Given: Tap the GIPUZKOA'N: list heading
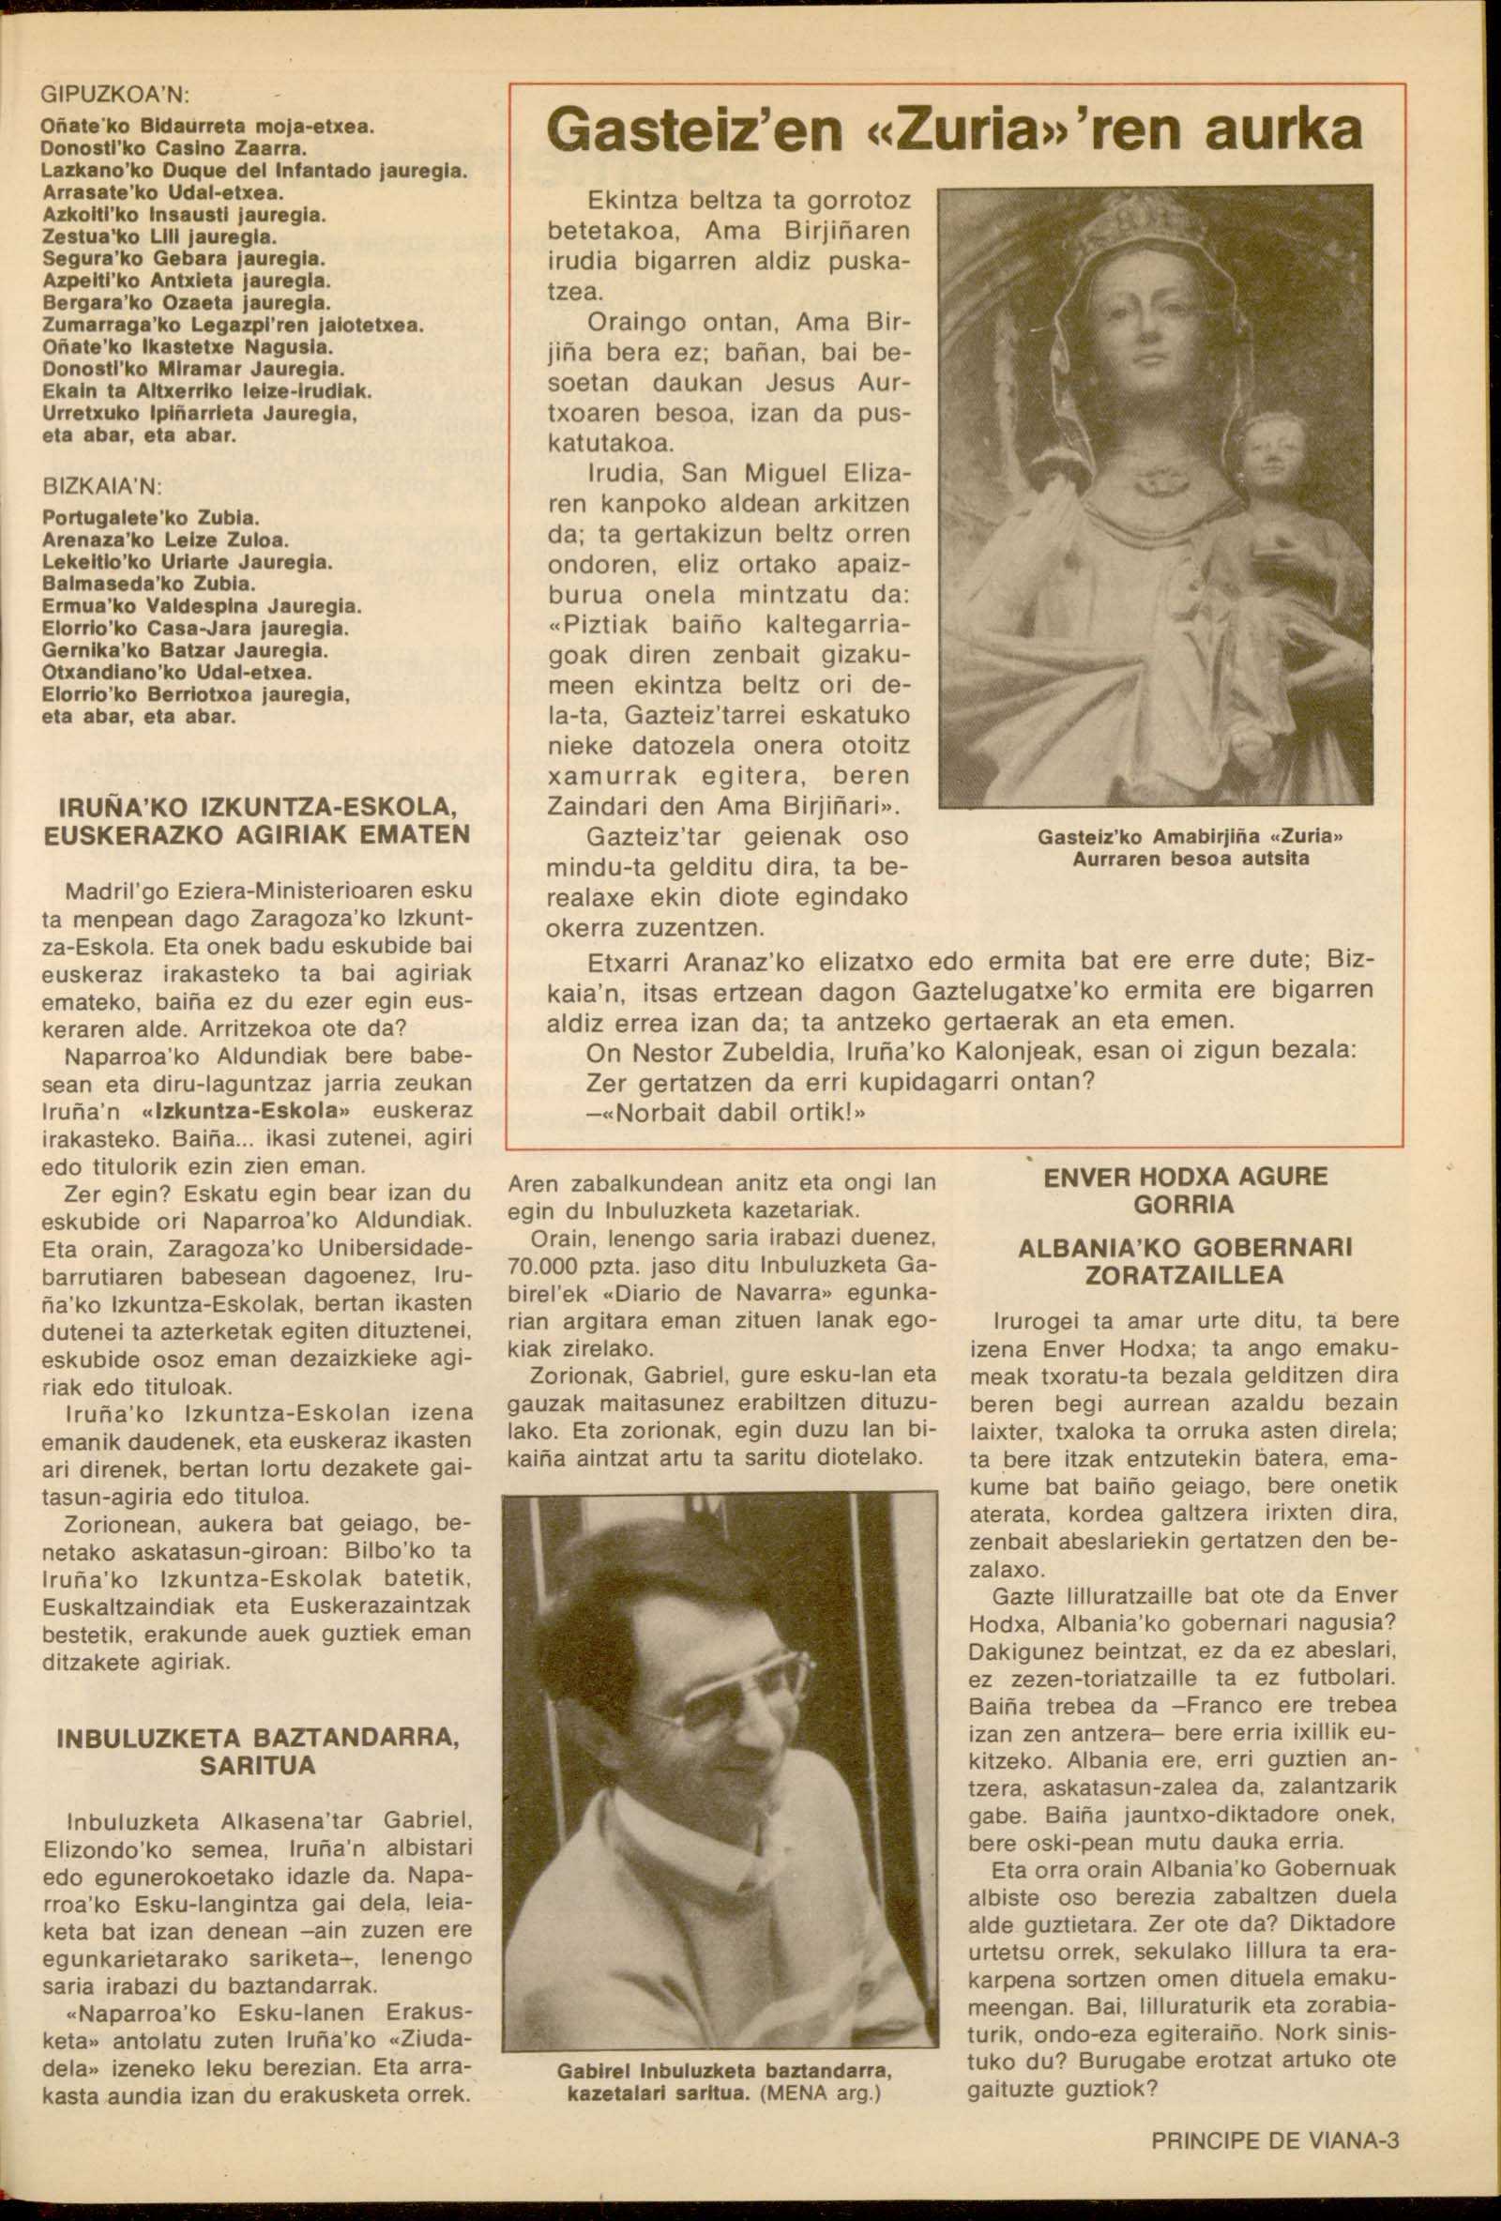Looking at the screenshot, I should point(116,96).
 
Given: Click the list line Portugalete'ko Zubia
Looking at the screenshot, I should point(151,518).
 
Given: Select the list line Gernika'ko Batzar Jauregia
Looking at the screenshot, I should point(173,651).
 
